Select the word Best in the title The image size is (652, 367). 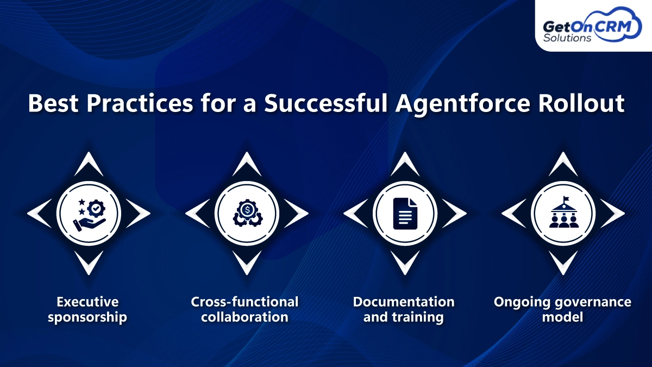pos(53,103)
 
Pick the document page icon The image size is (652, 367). pos(405,212)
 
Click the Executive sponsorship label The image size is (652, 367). pos(87,309)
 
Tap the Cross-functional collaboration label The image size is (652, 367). pos(244,309)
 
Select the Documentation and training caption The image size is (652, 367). pos(403,309)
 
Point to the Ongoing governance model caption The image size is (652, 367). pos(562,309)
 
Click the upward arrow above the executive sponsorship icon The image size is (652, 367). pos(89,164)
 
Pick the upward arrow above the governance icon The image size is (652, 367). pos(563,164)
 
